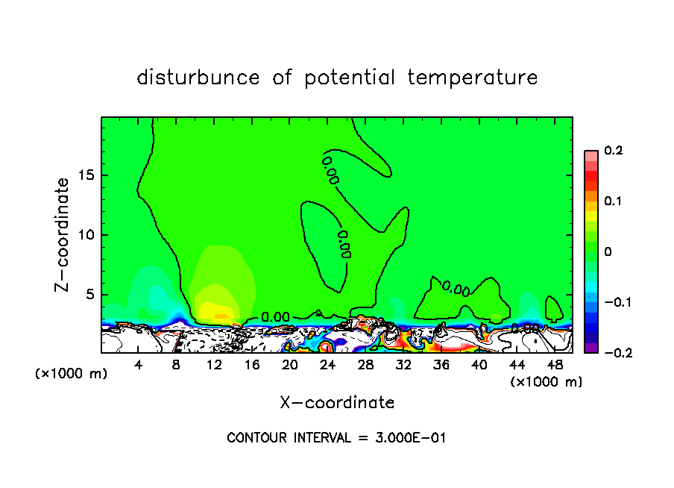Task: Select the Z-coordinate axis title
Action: pyautogui.click(x=64, y=234)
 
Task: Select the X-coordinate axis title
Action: pyautogui.click(x=337, y=403)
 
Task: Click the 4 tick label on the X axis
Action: pyautogui.click(x=139, y=365)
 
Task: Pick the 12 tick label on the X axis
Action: pyautogui.click(x=214, y=365)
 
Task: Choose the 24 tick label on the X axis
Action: pyautogui.click(x=327, y=365)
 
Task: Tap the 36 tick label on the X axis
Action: pyautogui.click(x=441, y=365)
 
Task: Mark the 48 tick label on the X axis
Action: pyautogui.click(x=554, y=365)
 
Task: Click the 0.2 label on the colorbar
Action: pyautogui.click(x=613, y=151)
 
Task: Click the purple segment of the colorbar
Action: pyautogui.click(x=591, y=348)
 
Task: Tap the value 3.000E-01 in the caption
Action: pyautogui.click(x=410, y=438)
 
